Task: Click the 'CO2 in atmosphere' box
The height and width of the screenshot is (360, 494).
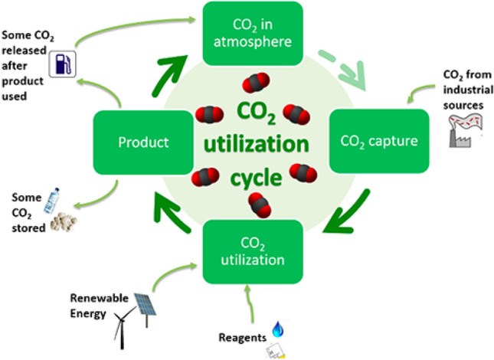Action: click(253, 34)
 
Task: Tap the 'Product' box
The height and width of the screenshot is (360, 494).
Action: click(142, 142)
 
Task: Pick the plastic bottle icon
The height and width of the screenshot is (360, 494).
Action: click(54, 201)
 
